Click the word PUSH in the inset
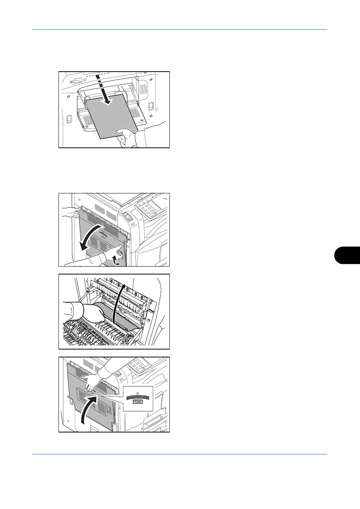[x=138, y=402]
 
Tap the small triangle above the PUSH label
[x=137, y=393]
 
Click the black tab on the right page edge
[x=347, y=255]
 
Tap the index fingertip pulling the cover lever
[x=120, y=246]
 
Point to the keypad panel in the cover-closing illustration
[x=139, y=364]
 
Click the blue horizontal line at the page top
[x=180, y=29]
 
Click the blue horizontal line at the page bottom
[x=180, y=454]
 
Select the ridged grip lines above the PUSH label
[x=137, y=397]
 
